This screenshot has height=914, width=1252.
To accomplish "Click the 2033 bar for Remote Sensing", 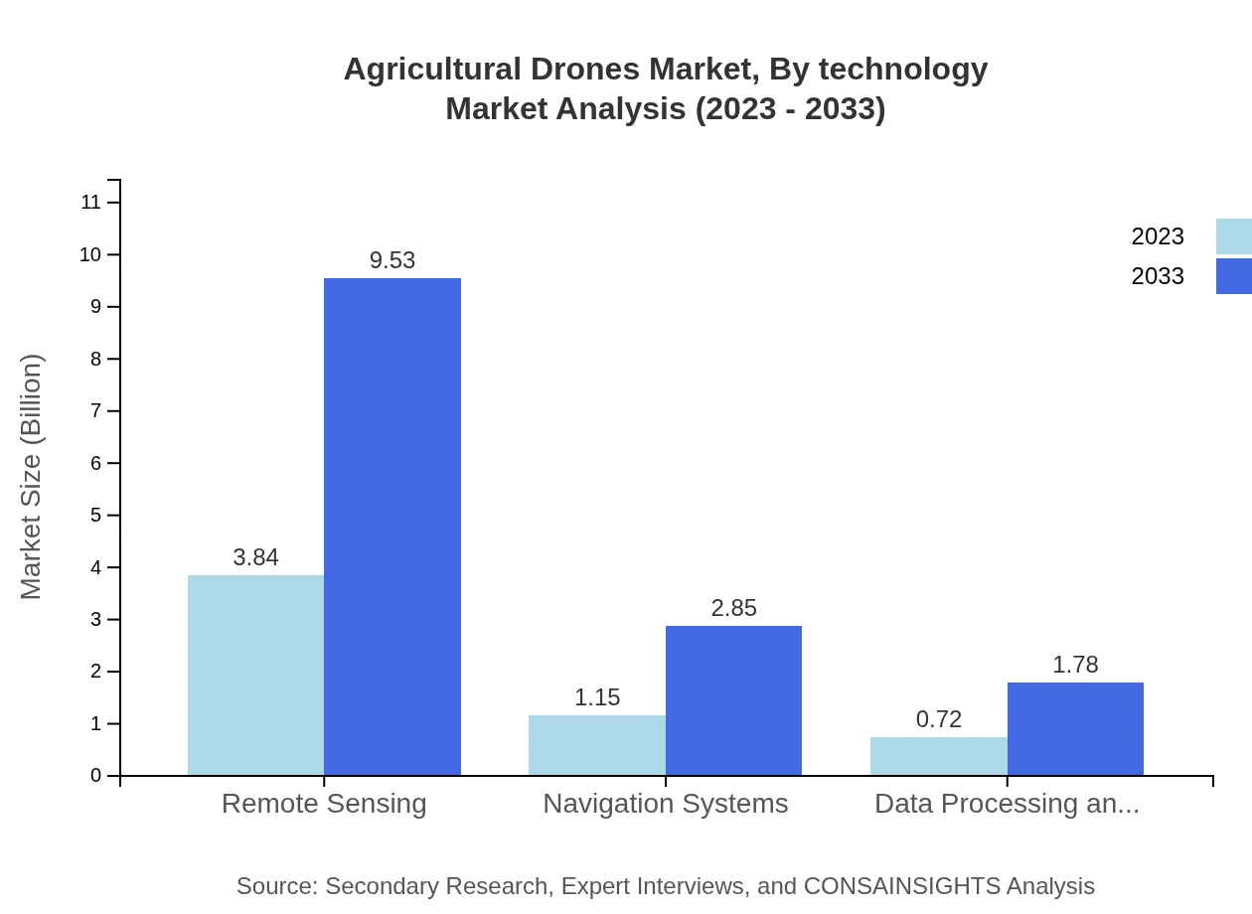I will coord(392,527).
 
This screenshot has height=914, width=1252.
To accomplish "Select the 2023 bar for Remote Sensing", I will coord(255,675).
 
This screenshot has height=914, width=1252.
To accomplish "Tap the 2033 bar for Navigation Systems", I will coord(733,700).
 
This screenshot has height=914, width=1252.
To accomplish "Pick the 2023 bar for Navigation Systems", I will coord(596,745).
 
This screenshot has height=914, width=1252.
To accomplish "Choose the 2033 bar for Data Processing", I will coord(1075,728).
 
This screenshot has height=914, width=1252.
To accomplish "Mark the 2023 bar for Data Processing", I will coord(938,756).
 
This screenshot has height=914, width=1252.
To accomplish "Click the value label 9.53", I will coord(392,260).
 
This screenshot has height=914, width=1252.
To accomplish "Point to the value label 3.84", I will coord(255,557).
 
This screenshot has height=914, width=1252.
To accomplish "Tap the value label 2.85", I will coord(733,608).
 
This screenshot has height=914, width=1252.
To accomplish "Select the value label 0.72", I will coord(938,719).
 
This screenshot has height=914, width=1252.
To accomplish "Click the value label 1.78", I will coord(1075,665).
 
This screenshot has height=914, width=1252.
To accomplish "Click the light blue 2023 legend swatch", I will coord(1233,236).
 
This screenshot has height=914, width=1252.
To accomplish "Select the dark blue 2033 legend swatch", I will coord(1233,276).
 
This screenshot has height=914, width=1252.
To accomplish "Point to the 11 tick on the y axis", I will coord(91,203).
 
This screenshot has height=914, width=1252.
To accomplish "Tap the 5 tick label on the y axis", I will coord(96,516).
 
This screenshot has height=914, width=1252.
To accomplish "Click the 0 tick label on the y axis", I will coord(96,776).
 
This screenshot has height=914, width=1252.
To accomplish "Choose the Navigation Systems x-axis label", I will coord(665,803).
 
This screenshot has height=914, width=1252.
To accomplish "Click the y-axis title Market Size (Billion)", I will coord(32,477).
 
